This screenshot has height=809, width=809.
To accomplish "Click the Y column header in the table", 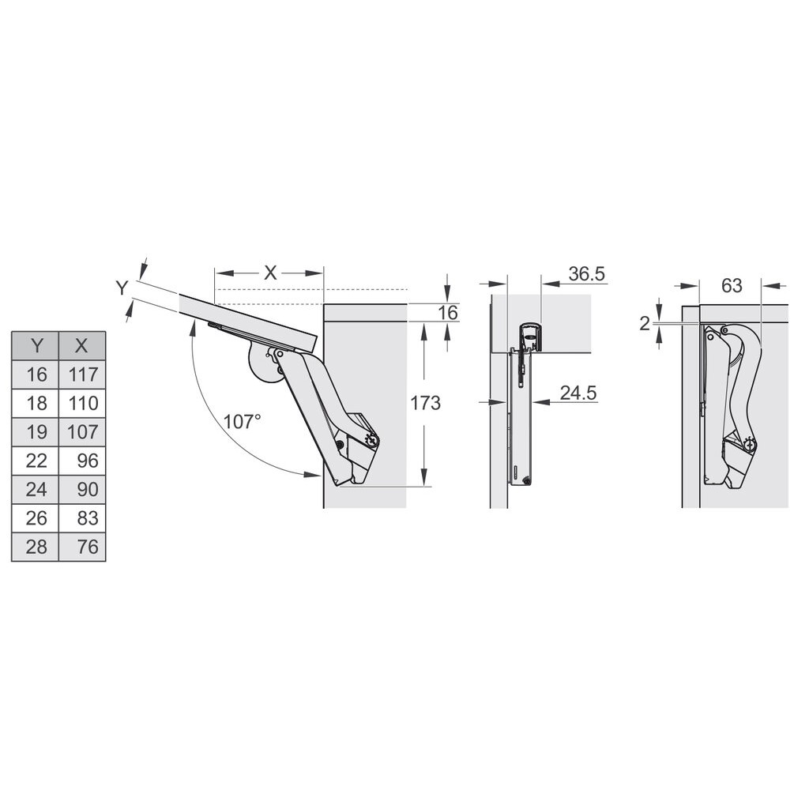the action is [36, 346].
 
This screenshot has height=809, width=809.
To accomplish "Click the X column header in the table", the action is [82, 346].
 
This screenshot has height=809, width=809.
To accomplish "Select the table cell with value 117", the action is [82, 374].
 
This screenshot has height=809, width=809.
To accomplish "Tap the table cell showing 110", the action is [82, 403].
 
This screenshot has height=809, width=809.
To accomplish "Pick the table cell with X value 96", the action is [82, 461].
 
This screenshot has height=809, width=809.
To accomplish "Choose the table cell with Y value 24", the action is [36, 489].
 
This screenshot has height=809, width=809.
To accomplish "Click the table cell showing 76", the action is [82, 547].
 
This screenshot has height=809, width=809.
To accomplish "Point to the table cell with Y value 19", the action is [36, 432].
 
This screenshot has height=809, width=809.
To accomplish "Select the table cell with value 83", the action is [82, 518].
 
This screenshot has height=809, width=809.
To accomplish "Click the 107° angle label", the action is [242, 422].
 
